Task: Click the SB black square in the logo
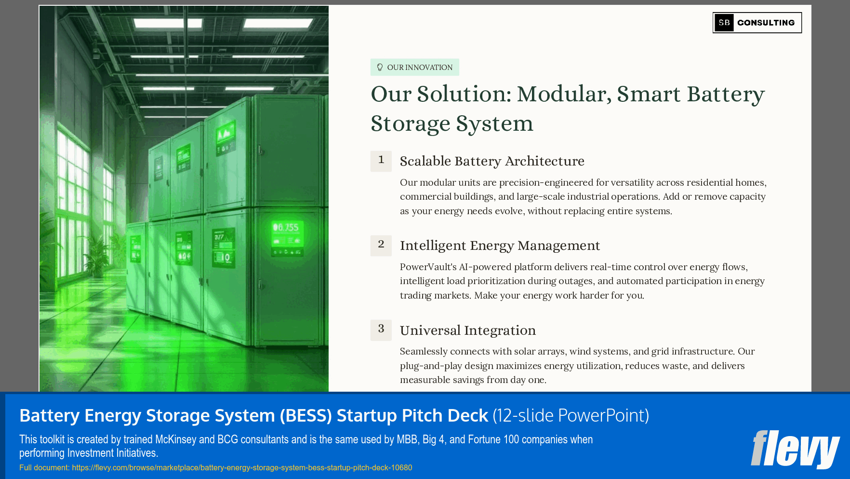(724, 23)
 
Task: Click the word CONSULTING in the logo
(766, 23)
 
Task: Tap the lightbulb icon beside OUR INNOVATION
(380, 67)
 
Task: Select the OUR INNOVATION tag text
(420, 68)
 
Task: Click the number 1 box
(381, 161)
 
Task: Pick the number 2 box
(381, 245)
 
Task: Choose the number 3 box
(381, 329)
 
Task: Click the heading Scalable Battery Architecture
(492, 161)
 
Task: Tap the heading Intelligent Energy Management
(500, 246)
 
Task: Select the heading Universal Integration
(467, 330)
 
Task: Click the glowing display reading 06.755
(286, 228)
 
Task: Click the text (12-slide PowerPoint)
(571, 415)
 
